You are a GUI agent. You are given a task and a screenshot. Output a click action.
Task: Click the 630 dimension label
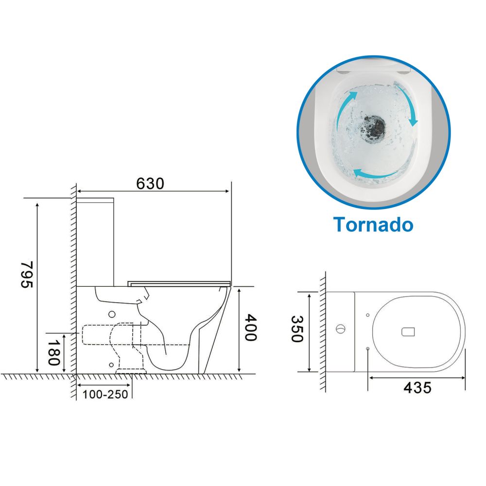coord(150,184)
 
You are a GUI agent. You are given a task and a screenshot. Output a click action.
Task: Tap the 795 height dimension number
coord(27,275)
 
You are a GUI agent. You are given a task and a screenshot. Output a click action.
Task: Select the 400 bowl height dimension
coord(250,328)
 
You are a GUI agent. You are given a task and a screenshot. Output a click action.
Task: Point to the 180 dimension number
coord(53,352)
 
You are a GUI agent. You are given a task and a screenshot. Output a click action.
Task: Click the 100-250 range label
coord(105,394)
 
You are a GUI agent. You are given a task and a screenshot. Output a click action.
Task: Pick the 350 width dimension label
coord(296,329)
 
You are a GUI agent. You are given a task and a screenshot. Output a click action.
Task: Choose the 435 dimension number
coord(417,388)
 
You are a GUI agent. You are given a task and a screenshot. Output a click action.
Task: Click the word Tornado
coord(373,224)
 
